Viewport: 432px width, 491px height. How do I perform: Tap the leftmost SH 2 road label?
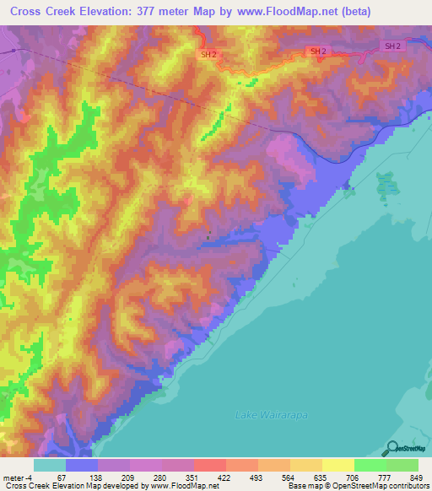point(208,54)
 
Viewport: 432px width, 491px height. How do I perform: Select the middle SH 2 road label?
point(318,51)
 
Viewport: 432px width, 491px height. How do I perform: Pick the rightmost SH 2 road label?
point(392,46)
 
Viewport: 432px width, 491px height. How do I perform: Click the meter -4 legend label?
point(18,478)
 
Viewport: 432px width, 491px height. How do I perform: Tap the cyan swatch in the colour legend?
point(50,465)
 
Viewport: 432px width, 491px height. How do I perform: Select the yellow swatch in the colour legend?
point(338,465)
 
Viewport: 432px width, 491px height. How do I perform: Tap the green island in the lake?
point(386,187)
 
